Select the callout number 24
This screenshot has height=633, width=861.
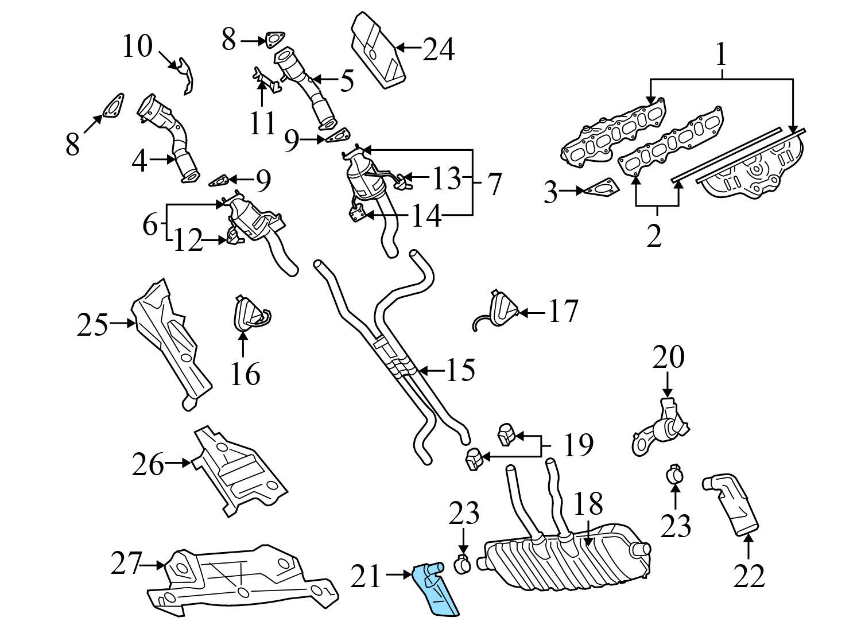click(439, 49)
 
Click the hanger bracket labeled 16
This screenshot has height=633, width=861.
click(248, 315)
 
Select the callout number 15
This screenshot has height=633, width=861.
click(460, 370)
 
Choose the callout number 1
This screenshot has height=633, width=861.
click(721, 56)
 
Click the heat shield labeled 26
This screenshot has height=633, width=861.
click(238, 471)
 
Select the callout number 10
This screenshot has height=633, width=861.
click(137, 46)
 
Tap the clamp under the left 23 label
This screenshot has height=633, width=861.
click(463, 564)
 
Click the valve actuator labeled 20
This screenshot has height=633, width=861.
click(660, 428)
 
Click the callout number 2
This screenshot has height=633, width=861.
click(654, 235)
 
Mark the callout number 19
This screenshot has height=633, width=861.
click(577, 445)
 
